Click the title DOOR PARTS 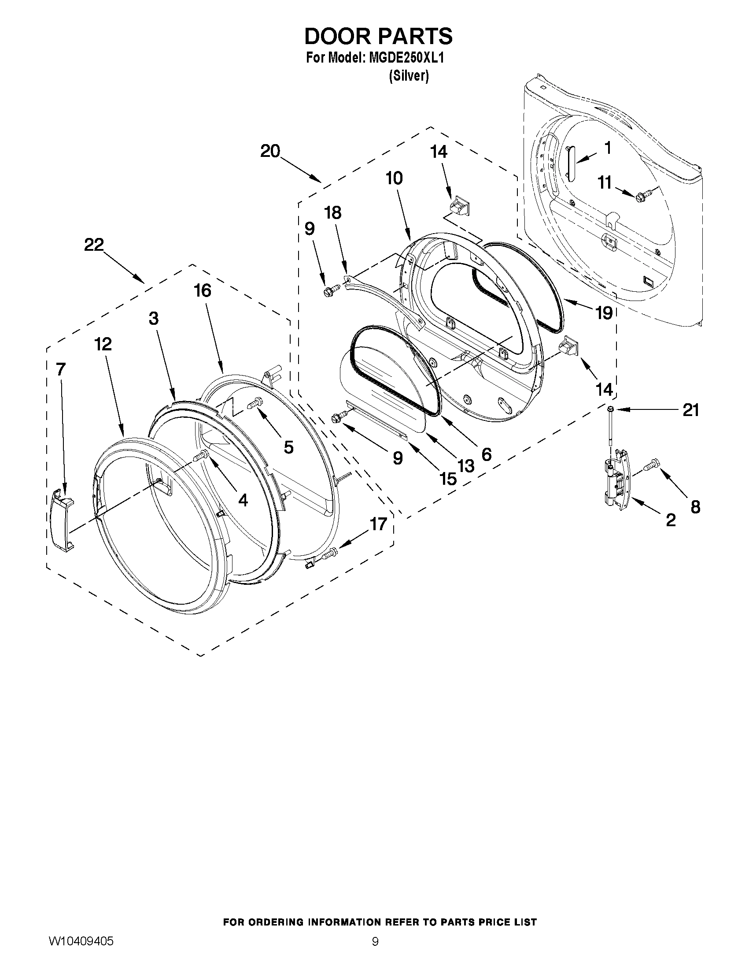click(378, 36)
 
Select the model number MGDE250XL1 click(406, 58)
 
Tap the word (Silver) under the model click(409, 76)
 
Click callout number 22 click(94, 245)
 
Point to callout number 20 click(270, 151)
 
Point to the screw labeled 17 click(330, 553)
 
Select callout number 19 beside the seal click(604, 312)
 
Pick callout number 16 click(203, 291)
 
